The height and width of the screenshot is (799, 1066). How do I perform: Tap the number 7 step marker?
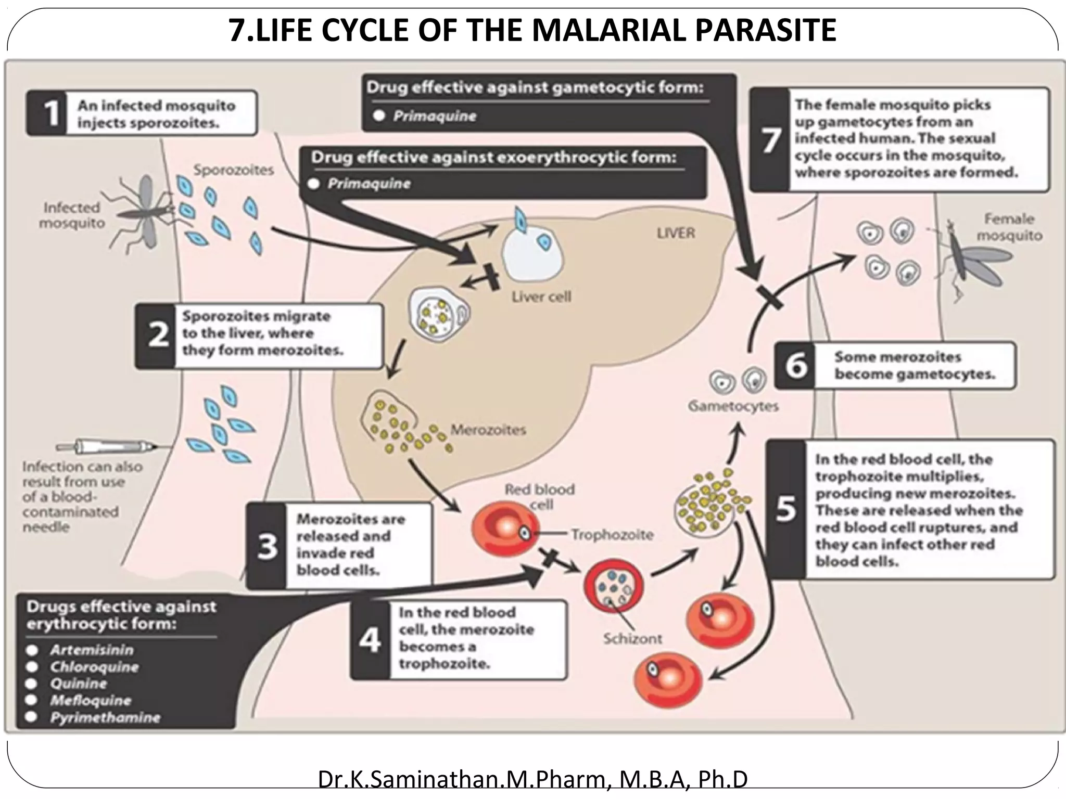771,139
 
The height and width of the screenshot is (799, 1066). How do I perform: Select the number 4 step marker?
370,639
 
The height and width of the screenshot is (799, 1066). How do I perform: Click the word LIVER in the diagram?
676,233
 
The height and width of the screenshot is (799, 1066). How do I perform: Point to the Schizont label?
632,638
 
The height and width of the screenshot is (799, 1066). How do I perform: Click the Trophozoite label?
612,534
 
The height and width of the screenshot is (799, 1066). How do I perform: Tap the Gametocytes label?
733,406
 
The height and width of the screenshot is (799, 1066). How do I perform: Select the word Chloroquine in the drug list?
94,667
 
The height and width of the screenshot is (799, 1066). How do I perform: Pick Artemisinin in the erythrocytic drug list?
92,650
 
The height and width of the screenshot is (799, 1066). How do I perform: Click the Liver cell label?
541,297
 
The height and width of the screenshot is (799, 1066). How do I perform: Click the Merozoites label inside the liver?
488,430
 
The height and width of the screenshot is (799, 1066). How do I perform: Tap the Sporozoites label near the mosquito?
234,170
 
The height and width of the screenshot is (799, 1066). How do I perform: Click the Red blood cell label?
540,496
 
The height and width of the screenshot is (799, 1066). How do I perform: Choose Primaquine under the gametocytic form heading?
434,115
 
